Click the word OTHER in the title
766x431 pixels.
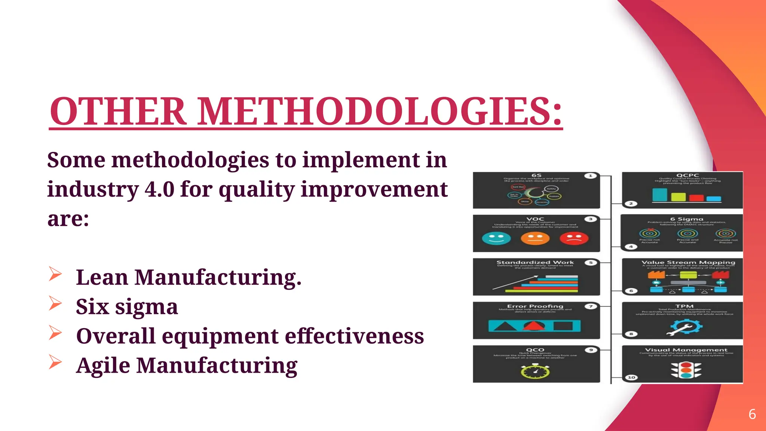(118, 111)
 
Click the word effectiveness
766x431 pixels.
(354, 336)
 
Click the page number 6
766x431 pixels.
(752, 414)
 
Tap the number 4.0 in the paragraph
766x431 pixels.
(159, 189)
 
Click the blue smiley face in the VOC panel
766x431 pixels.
(496, 238)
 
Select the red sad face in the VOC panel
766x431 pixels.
(574, 238)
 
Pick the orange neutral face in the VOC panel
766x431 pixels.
(535, 238)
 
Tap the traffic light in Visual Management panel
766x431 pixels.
(686, 370)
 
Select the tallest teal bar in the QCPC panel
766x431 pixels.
(659, 195)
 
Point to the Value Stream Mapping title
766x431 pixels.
(688, 263)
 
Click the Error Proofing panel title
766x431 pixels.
(535, 306)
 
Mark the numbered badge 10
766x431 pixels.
(631, 377)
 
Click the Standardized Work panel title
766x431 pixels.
(535, 263)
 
